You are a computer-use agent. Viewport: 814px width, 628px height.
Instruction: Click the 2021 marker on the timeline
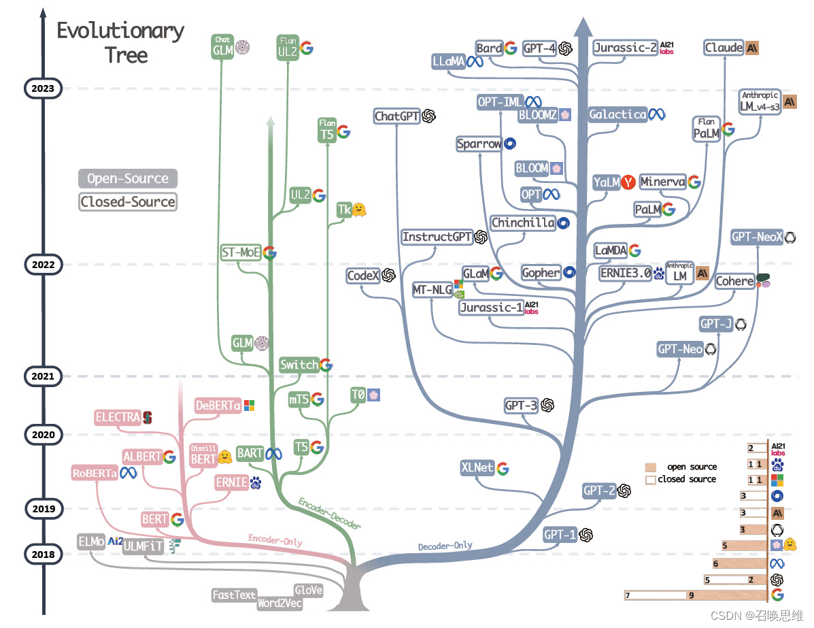click(43, 376)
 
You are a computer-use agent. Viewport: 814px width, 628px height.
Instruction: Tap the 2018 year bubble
click(43, 555)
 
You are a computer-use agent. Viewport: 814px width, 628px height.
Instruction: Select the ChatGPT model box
click(396, 116)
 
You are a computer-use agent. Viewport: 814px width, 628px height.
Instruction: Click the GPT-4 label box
click(540, 48)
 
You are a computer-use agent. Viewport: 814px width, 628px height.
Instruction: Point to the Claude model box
click(724, 48)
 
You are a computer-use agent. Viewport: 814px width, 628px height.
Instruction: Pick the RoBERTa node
click(95, 473)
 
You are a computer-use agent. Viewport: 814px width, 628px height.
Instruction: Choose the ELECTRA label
click(118, 417)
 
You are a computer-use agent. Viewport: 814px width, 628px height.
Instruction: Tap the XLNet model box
click(477, 468)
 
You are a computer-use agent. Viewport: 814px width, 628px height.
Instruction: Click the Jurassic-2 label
click(625, 48)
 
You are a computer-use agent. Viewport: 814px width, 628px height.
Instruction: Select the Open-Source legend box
click(127, 179)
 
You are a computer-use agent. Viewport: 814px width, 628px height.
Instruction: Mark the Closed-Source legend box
click(127, 201)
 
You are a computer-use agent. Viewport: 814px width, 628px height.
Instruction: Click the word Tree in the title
click(126, 55)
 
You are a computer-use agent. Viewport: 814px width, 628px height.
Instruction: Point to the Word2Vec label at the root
click(280, 603)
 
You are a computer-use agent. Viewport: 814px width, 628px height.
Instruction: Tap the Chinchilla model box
click(523, 222)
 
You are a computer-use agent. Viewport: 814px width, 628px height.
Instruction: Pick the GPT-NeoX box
click(757, 237)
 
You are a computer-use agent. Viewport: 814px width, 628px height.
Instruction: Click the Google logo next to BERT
click(177, 520)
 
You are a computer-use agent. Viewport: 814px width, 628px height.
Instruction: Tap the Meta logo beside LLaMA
click(474, 62)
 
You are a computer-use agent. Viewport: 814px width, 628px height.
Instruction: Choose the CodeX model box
click(362, 276)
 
